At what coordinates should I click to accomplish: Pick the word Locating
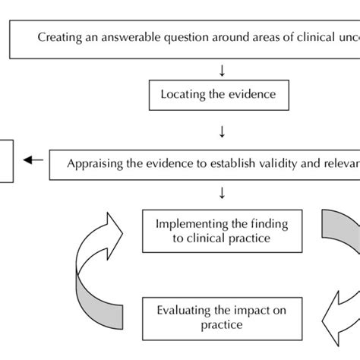[x=182, y=95]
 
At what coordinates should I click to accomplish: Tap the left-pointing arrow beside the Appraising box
[x=32, y=160]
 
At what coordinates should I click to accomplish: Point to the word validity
[x=264, y=163]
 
